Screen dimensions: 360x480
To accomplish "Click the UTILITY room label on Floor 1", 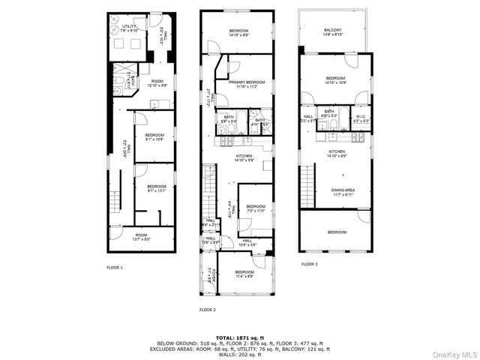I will (130, 27).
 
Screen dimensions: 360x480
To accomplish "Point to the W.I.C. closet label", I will (361, 115).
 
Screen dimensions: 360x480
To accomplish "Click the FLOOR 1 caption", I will (115, 267).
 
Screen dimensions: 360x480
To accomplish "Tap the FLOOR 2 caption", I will (207, 309).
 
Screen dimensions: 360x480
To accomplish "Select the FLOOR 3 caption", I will (310, 264).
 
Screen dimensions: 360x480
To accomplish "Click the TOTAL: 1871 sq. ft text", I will (241, 337).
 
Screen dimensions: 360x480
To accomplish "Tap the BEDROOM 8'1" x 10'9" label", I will (154, 137).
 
